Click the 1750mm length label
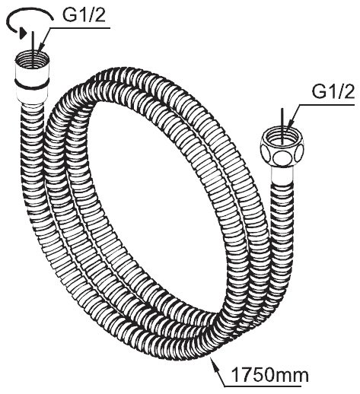pyautogui.click(x=270, y=375)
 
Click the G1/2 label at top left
pyautogui.click(x=84, y=15)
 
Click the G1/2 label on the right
pyautogui.click(x=333, y=91)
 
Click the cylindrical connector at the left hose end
pyautogui.click(x=31, y=77)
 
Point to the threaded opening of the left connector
pyautogui.click(x=32, y=59)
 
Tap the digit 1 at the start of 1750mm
pyautogui.click(x=235, y=375)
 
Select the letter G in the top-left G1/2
pyautogui.click(x=69, y=15)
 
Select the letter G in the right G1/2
pyautogui.click(x=318, y=91)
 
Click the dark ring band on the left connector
pyautogui.click(x=31, y=84)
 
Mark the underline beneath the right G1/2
pyautogui.click(x=327, y=104)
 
